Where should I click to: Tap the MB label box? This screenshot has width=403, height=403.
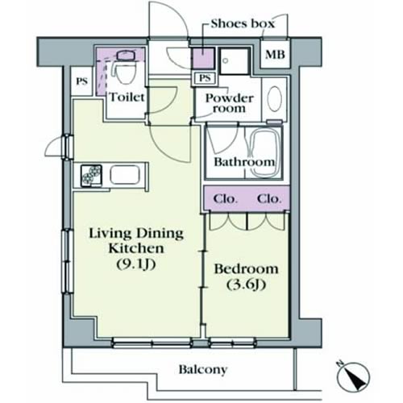275,55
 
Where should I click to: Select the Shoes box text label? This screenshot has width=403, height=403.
243,23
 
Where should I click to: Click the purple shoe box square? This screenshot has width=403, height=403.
204,58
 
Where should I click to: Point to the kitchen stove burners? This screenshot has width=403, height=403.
92,175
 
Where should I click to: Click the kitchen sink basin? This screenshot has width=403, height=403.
125,175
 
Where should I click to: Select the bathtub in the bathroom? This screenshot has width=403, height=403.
265,153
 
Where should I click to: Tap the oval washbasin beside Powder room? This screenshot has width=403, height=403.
275,99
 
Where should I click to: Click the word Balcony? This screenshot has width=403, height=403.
203,369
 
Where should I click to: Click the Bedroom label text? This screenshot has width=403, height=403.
246,269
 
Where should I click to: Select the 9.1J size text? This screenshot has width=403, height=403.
136,264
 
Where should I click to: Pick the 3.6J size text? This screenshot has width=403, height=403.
246,285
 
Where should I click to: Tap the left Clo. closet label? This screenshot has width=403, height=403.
225,199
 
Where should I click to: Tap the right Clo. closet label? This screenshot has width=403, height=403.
269,199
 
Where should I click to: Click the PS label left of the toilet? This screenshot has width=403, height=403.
81,81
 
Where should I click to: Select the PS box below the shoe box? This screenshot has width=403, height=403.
205,78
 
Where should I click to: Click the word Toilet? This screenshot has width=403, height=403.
127,97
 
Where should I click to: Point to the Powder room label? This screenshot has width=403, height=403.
230,103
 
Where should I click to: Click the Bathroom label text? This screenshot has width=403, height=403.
244,162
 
